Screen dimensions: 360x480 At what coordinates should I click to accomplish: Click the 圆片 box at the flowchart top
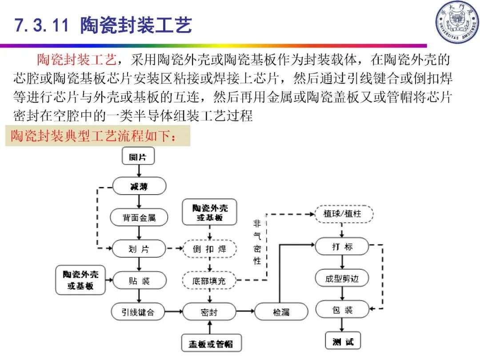138,156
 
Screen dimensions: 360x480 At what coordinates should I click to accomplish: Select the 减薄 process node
139,186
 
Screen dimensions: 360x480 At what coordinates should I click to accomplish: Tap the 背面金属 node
139,218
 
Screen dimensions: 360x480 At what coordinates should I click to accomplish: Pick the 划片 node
139,249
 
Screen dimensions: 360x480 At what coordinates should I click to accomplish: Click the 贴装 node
139,281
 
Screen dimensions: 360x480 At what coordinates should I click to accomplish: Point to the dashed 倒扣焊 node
209,249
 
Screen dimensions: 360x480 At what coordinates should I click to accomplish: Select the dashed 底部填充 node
209,281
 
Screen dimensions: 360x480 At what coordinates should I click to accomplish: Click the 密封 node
209,312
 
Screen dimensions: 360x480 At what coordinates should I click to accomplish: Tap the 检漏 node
281,312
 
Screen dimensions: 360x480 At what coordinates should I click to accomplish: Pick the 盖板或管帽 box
211,343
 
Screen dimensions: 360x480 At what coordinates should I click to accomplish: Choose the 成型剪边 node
342,279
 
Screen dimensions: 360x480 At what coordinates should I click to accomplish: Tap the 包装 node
342,310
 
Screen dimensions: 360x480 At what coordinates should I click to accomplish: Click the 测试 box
343,341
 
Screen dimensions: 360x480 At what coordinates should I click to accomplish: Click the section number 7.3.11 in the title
41,25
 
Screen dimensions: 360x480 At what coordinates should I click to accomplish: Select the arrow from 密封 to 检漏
245,312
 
